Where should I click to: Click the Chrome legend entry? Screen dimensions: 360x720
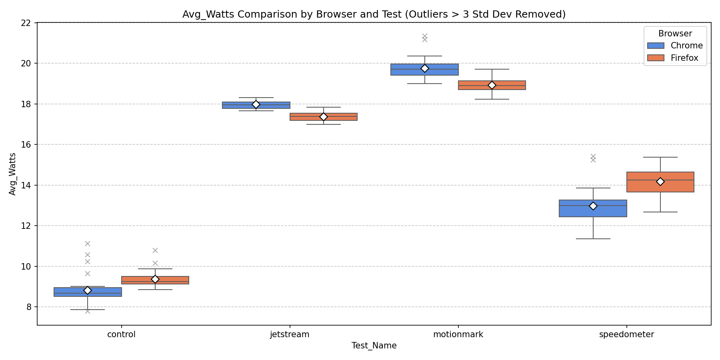[686, 46]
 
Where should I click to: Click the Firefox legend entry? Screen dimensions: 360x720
[684, 58]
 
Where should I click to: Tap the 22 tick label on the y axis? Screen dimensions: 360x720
[26, 23]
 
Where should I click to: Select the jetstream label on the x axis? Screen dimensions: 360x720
[290, 334]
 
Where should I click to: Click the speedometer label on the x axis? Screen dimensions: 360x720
[626, 334]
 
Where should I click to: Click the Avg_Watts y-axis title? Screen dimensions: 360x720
[12, 174]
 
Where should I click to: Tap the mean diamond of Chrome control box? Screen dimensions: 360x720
[88, 290]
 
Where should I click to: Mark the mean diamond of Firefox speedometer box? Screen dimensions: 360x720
[660, 182]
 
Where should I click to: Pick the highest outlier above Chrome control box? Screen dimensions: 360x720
[88, 244]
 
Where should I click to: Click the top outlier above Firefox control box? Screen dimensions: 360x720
[155, 250]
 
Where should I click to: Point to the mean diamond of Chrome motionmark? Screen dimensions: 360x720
[425, 69]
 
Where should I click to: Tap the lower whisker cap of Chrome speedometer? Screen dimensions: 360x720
[593, 239]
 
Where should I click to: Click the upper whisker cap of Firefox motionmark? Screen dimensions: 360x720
[492, 69]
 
